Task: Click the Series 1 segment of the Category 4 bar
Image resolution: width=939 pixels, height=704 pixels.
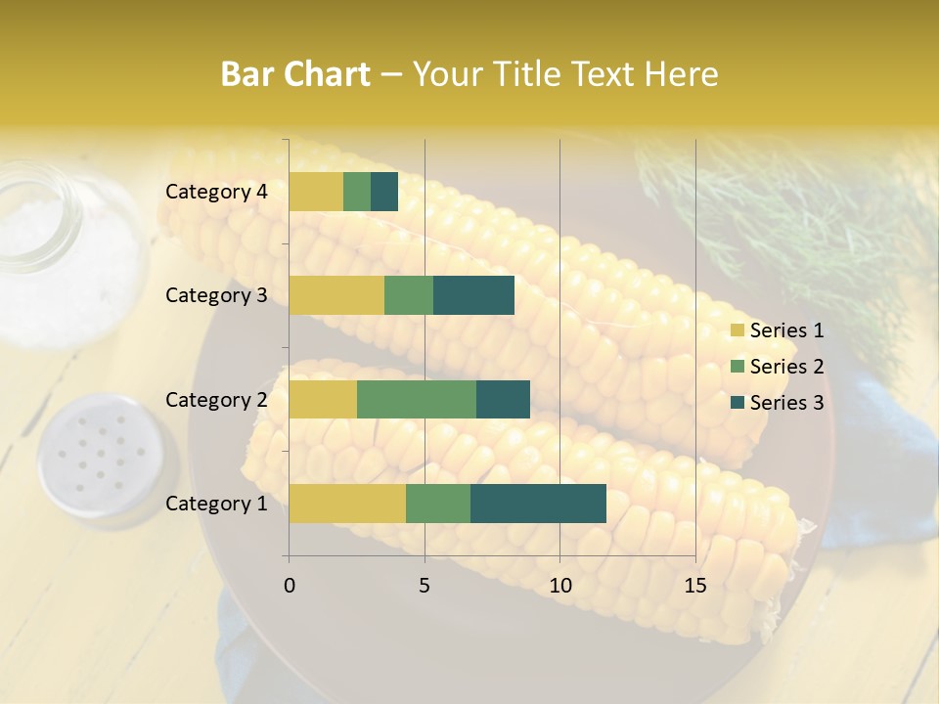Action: [x=316, y=192]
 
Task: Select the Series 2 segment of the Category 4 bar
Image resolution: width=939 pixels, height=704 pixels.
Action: [x=357, y=192]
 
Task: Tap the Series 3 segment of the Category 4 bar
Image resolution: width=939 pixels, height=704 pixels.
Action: [x=384, y=192]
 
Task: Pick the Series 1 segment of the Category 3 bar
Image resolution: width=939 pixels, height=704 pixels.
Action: [x=336, y=295]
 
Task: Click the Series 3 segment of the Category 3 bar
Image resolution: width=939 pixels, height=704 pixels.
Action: [x=473, y=295]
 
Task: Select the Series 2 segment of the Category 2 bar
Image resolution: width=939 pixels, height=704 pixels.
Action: [x=417, y=399]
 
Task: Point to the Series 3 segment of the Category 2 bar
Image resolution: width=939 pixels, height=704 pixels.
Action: [x=503, y=399]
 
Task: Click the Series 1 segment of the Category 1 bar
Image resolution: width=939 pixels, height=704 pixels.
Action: [x=347, y=504]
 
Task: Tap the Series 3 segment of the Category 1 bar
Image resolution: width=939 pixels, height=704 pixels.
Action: [x=538, y=504]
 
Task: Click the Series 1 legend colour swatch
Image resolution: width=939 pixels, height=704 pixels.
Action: [x=737, y=330]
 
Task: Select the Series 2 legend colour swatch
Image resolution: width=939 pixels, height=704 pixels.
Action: [x=737, y=367]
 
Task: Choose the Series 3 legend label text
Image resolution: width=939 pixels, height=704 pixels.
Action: [x=786, y=403]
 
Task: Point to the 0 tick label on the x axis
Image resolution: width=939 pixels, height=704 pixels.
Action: [x=290, y=586]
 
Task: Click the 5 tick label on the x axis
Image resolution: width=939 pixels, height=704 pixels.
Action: [x=425, y=586]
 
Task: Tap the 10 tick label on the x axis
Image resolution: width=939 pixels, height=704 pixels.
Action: [x=559, y=586]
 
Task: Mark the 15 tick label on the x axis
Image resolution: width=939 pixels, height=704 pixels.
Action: [x=695, y=586]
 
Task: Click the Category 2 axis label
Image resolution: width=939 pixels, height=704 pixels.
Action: [x=216, y=399]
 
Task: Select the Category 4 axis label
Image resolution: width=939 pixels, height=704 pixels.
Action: [x=216, y=192]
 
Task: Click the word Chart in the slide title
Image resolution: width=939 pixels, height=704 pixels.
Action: [x=325, y=74]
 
